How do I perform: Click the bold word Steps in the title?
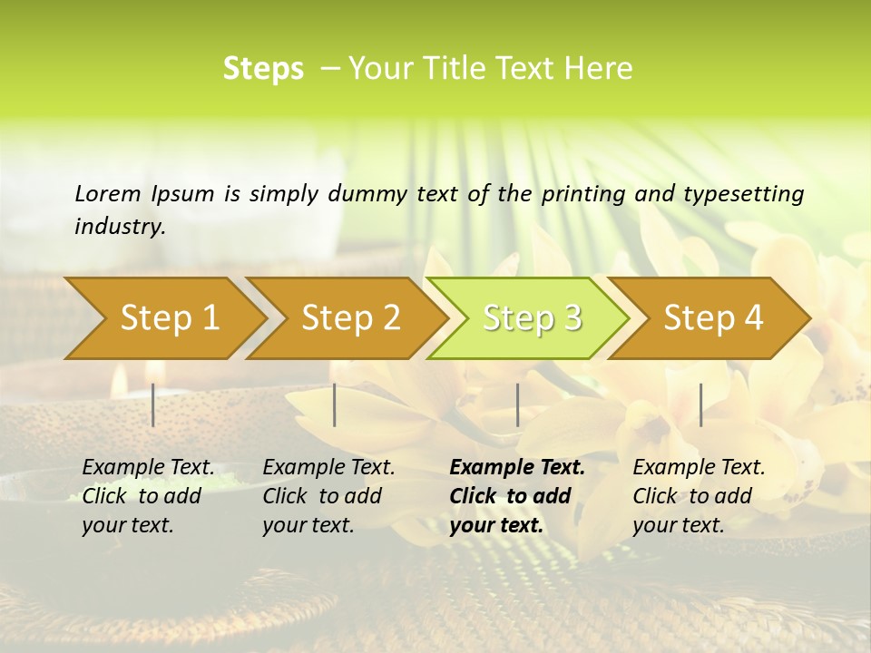pos(263,69)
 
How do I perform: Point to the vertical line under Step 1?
pos(153,404)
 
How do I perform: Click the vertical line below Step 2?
pos(335,404)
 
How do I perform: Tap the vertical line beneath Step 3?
pos(517,404)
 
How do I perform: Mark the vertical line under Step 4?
pos(700,404)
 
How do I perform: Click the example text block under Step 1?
pos(148,496)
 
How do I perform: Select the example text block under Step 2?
pos(328,496)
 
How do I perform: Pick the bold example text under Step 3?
pos(517,496)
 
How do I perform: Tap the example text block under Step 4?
pos(699,496)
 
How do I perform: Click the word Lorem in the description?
pos(107,193)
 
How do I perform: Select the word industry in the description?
pos(120,227)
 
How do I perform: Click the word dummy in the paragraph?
pos(359,194)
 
